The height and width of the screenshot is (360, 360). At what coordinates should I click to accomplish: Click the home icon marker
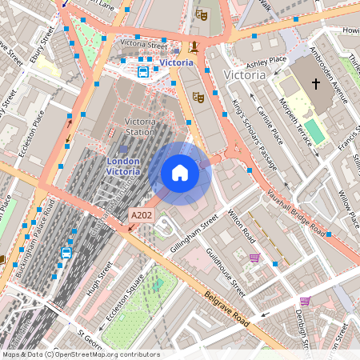180,173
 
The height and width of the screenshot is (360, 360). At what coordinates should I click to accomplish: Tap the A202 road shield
140,215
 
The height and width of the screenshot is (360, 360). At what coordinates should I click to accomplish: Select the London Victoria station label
123,166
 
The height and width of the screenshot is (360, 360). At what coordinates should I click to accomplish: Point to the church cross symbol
315,83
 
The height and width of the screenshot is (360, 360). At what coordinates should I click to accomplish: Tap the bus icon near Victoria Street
143,72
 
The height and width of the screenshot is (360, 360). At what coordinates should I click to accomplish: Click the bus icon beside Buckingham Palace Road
66,253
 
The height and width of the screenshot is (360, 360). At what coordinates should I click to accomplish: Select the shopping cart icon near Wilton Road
254,258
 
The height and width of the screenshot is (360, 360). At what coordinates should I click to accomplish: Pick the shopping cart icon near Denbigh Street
305,301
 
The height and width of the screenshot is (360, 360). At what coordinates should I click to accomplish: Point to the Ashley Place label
266,61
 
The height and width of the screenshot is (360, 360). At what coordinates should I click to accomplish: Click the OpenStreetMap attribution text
81,354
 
